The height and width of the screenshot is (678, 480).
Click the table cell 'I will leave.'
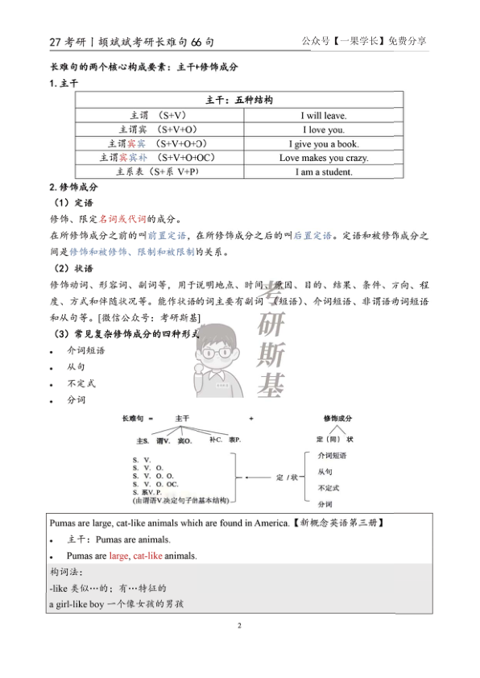point(323,115)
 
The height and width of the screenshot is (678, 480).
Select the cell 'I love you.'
point(323,130)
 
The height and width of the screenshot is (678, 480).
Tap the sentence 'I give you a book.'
point(323,144)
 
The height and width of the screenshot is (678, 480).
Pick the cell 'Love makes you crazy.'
point(323,158)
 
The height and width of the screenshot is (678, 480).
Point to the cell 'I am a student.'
point(323,172)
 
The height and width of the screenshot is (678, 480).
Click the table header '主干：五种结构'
point(239,101)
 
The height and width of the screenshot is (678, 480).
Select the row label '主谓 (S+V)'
point(158,115)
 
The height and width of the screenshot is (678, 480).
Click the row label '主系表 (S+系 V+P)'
point(158,172)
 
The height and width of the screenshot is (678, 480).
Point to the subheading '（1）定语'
point(72,203)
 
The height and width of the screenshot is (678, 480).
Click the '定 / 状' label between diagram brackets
point(287,477)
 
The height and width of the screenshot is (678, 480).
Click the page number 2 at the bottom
point(239,625)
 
